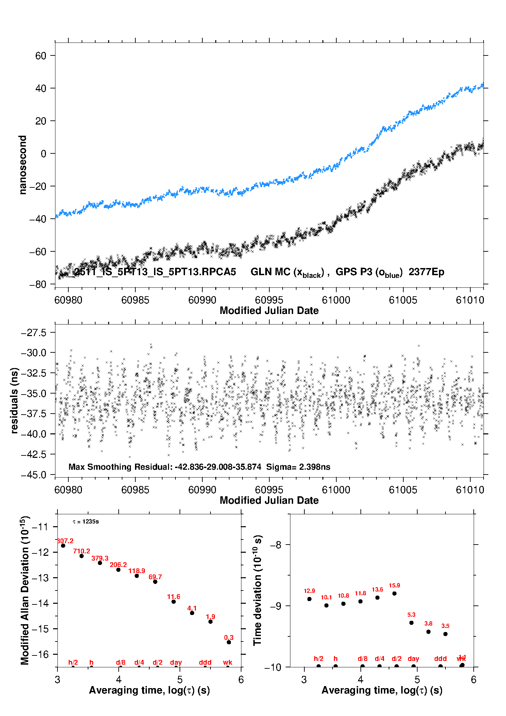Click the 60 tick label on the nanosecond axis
[x=40, y=56]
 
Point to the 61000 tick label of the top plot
[x=336, y=300]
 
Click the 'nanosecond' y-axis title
[x=23, y=165]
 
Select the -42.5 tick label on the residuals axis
[x=33, y=454]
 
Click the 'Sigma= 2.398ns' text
[x=298, y=467]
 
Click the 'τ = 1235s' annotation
[x=86, y=522]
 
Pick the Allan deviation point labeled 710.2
[x=82, y=556]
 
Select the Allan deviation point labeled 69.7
[x=155, y=582]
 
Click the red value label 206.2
[x=118, y=565]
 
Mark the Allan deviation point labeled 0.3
[x=229, y=643]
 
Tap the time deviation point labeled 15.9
[x=394, y=594]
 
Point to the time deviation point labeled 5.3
[x=411, y=623]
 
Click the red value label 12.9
[x=309, y=591]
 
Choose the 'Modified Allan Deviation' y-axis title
[x=25, y=590]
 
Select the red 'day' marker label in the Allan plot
[x=176, y=663]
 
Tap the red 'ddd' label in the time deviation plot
[x=440, y=659]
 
